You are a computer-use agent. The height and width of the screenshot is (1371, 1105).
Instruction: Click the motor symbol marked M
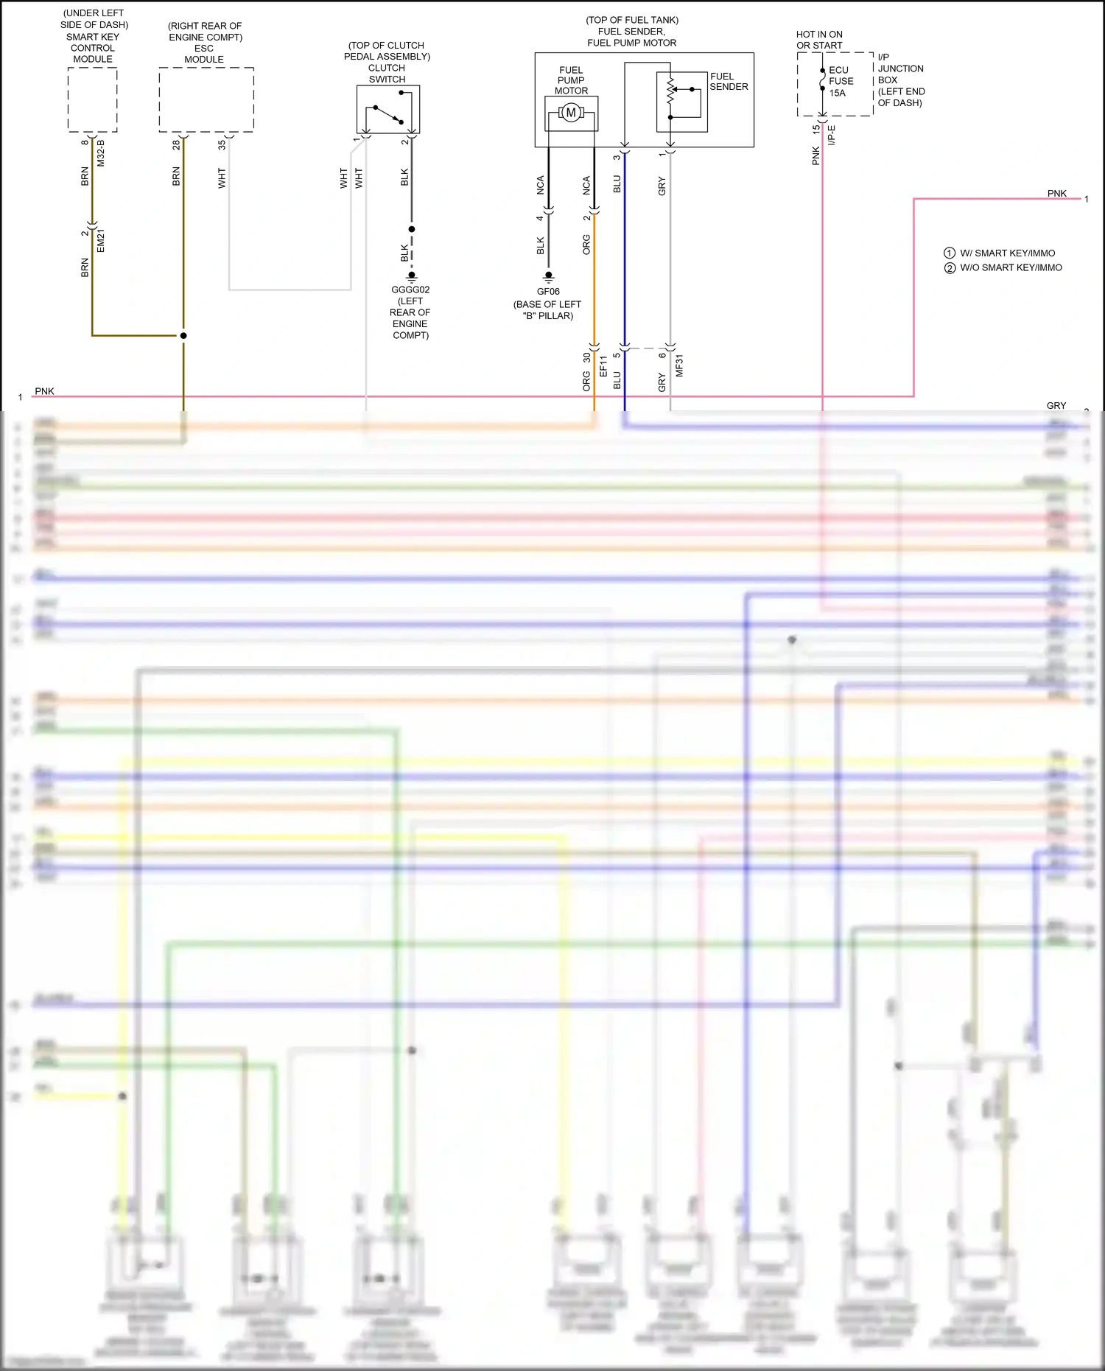571,113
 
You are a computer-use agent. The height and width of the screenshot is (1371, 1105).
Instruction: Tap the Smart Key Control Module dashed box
92,99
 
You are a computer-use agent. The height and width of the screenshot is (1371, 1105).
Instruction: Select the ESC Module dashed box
206,99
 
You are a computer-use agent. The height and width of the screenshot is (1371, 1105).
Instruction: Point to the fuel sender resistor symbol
670,92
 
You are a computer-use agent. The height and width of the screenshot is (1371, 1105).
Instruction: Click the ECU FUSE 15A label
841,81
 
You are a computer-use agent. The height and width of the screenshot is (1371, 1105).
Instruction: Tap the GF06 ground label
548,291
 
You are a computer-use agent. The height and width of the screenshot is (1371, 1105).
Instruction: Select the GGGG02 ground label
410,290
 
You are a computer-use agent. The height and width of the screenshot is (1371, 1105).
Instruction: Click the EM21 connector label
101,241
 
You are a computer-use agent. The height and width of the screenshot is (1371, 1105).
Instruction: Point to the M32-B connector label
101,152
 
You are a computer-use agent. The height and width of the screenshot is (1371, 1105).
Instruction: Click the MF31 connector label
679,365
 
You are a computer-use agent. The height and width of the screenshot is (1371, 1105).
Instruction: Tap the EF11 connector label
603,366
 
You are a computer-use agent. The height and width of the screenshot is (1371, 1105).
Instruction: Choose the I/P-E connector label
832,135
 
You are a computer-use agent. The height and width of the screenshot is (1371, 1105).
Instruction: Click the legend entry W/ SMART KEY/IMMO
1007,253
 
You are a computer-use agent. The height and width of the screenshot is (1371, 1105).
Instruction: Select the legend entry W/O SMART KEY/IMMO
1011,267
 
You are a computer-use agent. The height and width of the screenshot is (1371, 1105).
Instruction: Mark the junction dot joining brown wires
183,335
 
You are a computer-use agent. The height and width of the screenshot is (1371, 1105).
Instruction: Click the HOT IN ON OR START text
819,40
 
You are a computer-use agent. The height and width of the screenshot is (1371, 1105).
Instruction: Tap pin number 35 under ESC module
222,145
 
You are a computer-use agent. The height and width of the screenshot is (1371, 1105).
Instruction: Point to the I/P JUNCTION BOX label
900,80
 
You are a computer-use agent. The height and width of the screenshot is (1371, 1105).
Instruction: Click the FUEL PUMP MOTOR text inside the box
571,80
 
